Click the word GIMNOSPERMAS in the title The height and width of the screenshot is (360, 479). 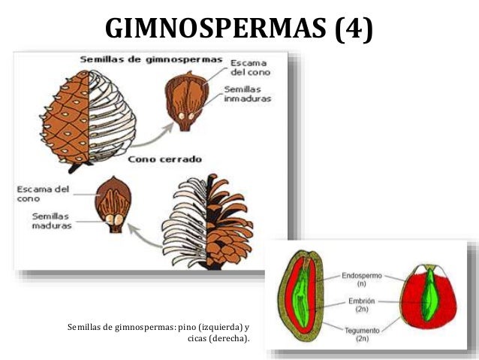coord(217,29)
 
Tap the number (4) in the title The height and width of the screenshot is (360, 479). coord(354,29)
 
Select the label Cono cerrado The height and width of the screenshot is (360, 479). coord(163,159)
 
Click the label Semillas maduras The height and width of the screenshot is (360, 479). coord(51,221)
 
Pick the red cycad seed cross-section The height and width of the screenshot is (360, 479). coord(428,296)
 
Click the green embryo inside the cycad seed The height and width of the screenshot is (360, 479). coord(429,298)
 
